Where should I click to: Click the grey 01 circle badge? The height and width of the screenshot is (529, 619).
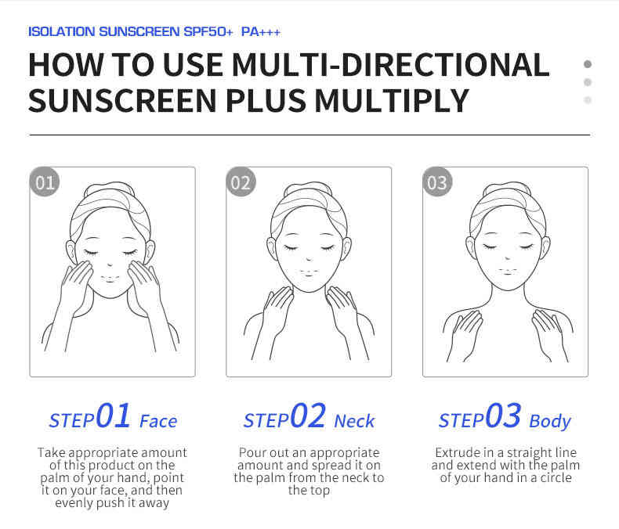click(x=45, y=182)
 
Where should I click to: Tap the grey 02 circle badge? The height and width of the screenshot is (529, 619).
click(x=241, y=182)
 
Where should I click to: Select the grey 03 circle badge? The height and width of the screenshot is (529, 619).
click(x=437, y=182)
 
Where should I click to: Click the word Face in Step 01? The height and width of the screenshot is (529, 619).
click(x=158, y=421)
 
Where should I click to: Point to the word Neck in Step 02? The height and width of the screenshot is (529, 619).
click(x=354, y=421)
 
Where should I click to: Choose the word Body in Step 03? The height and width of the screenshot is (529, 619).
click(x=550, y=422)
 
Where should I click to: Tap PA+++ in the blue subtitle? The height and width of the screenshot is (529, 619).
click(x=261, y=31)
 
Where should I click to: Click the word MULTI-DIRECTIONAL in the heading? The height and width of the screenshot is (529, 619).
click(x=390, y=65)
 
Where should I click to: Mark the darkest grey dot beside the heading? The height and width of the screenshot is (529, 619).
click(x=588, y=64)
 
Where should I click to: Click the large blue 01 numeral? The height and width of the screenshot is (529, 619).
click(x=114, y=416)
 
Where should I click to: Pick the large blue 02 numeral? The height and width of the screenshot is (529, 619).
click(x=308, y=416)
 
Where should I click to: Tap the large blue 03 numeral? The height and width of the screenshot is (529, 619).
click(x=503, y=416)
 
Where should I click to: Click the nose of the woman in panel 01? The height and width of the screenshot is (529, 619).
click(x=110, y=264)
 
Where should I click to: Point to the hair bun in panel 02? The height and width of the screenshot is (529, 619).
click(x=309, y=188)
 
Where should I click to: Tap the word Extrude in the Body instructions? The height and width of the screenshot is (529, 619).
click(x=454, y=452)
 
